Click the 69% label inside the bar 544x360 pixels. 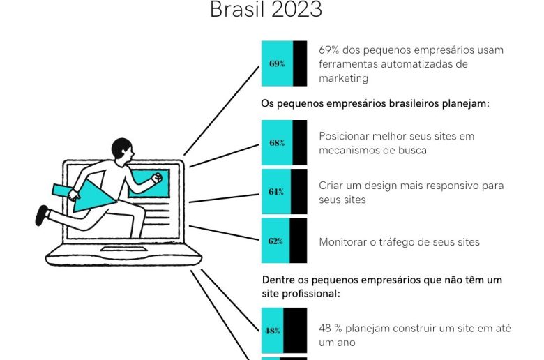pyautogui.click(x=277, y=63)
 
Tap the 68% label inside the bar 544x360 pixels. pyautogui.click(x=277, y=143)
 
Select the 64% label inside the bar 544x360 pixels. pyautogui.click(x=276, y=192)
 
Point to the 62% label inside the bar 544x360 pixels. pyautogui.click(x=275, y=241)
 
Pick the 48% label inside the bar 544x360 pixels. pyautogui.click(x=273, y=331)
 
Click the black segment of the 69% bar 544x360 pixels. pyautogui.click(x=300, y=63)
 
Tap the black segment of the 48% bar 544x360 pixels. pyautogui.click(x=295, y=331)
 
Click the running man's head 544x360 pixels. pyautogui.click(x=123, y=149)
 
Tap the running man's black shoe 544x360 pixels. pyautogui.click(x=42, y=216)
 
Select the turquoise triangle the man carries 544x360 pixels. pyautogui.click(x=91, y=199)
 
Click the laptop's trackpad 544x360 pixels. pyautogui.click(x=123, y=249)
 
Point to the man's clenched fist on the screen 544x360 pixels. pyautogui.click(x=157, y=178)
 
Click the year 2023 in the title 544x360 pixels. pyautogui.click(x=297, y=9)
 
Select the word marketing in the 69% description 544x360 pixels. pyautogui.click(x=343, y=78)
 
